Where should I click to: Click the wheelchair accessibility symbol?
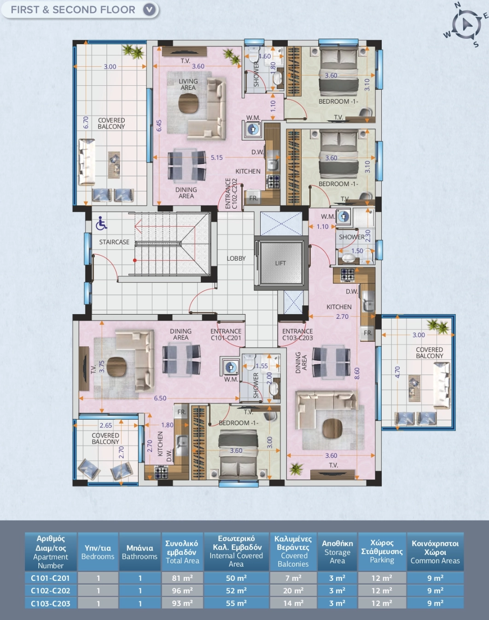coord(101,223)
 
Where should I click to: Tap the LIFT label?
coord(280,263)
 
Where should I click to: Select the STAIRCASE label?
coord(114,242)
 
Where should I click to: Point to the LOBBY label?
coord(236,258)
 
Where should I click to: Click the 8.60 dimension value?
coord(357,373)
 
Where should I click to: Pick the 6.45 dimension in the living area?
coord(159,126)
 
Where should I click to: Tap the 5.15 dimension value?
coord(216,158)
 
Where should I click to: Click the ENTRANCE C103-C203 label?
coord(297,335)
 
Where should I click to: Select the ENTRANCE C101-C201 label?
coord(226,335)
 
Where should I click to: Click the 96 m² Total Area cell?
coord(182,591)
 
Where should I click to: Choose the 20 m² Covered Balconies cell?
coord(293,591)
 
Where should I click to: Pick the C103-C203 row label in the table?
coord(50,603)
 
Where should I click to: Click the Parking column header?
coord(382,551)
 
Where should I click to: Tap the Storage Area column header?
coord(337,552)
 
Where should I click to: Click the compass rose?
coord(466,25)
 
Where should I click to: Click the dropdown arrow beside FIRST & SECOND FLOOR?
coord(149,10)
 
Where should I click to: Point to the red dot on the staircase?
coord(135,260)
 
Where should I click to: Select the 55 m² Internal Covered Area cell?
coord(236,603)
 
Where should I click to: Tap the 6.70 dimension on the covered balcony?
coord(86,123)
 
